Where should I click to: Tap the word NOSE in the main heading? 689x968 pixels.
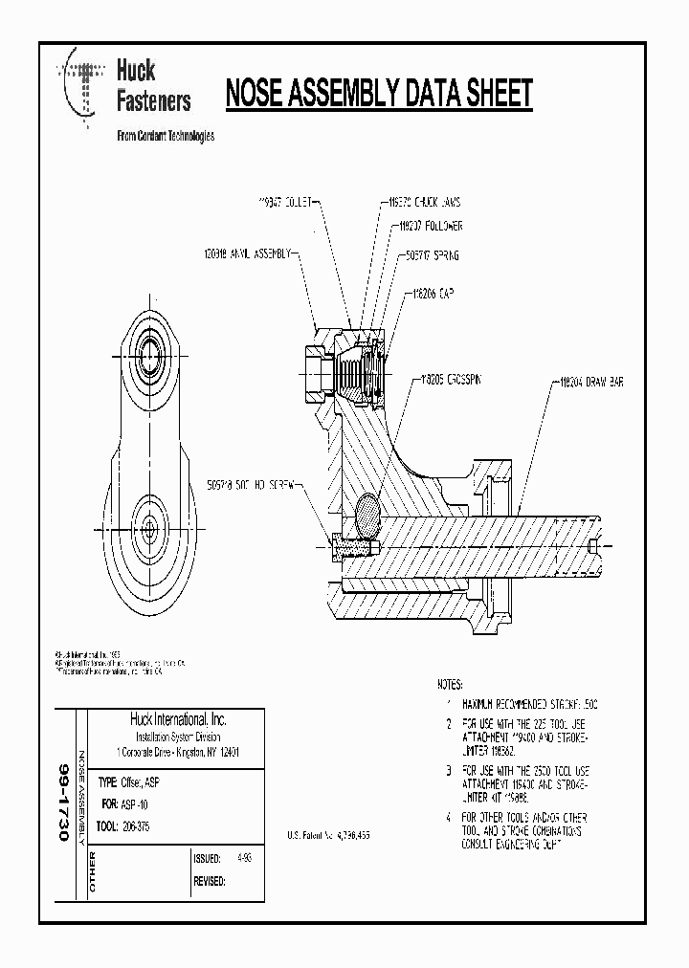pos(257,95)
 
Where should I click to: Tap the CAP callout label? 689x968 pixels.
pos(432,297)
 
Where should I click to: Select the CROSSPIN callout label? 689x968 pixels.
pos(450,379)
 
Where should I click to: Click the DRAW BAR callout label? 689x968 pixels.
pos(590,382)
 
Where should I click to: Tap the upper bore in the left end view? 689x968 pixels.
pos(151,346)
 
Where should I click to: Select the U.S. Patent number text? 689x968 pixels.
pos(328,835)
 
